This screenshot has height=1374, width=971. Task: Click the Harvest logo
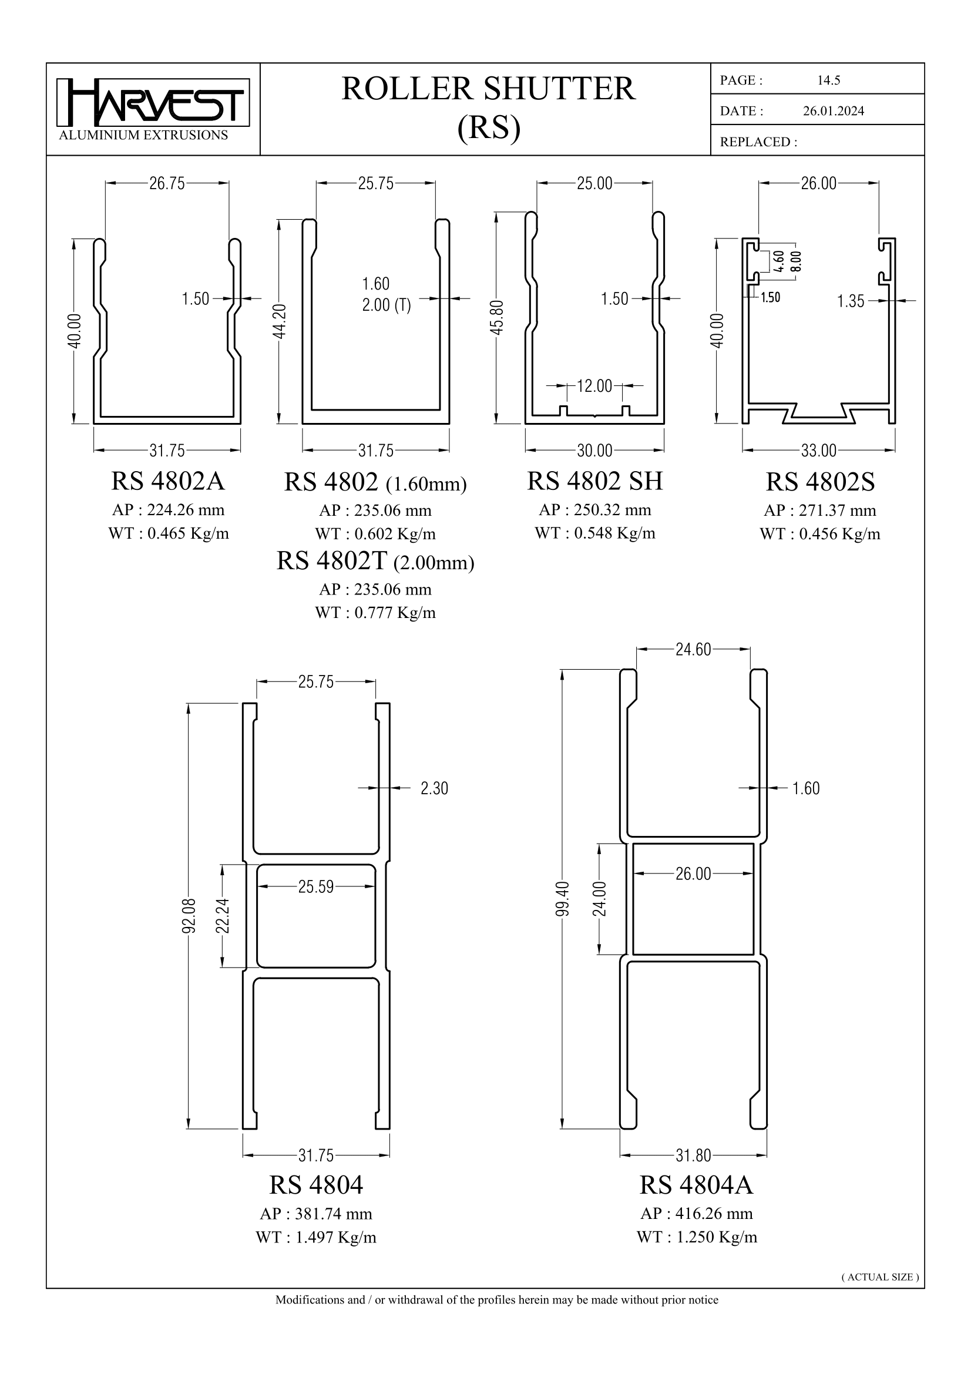(153, 103)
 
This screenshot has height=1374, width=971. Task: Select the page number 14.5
(829, 80)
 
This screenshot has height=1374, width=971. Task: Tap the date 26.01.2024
(834, 110)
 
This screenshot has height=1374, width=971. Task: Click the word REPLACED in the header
(755, 142)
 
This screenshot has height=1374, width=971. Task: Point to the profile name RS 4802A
(168, 481)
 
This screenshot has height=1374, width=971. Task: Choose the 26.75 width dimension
(167, 183)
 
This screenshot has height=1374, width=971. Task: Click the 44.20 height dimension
(280, 321)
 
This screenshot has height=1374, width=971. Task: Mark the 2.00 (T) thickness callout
(386, 305)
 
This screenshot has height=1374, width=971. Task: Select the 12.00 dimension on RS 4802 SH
(594, 386)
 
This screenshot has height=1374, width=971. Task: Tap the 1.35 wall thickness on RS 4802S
(851, 301)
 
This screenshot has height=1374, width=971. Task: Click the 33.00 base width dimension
(818, 450)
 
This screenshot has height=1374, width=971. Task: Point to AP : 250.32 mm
(594, 510)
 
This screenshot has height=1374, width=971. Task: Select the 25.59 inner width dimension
(316, 886)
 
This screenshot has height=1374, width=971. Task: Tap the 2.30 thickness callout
(434, 788)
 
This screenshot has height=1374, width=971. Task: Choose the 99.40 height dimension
(562, 899)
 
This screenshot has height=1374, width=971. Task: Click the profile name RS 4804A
(697, 1185)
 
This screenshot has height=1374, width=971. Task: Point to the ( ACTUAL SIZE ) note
(880, 1277)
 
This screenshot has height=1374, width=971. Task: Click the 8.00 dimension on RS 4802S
(797, 261)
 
